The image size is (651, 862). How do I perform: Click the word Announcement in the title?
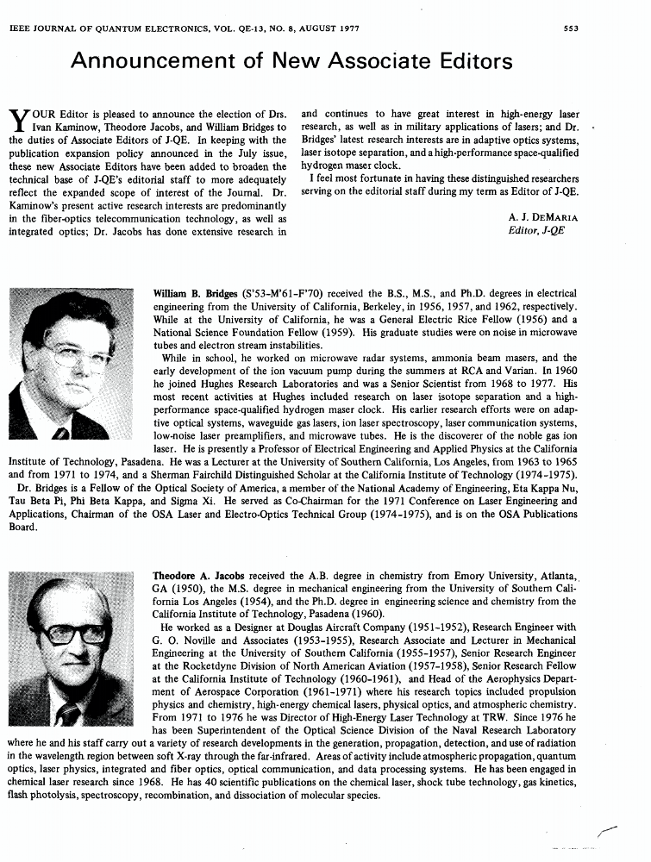click(x=152, y=62)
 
